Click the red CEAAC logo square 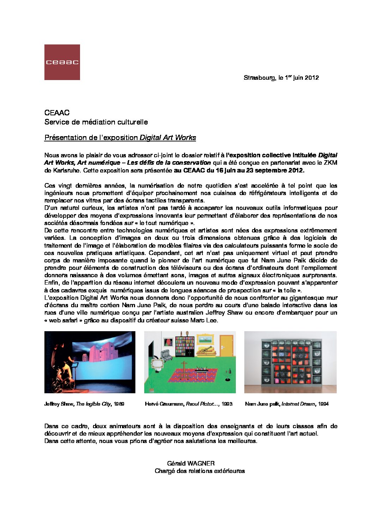pyautogui.click(x=62, y=62)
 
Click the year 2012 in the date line pyautogui.click(x=312, y=78)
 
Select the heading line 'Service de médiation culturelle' pyautogui.click(x=96, y=122)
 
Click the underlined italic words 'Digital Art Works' pyautogui.click(x=168, y=138)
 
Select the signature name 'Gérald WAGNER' pyautogui.click(x=191, y=463)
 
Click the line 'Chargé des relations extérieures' pyautogui.click(x=200, y=471)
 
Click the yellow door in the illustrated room pyautogui.click(x=226, y=345)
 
